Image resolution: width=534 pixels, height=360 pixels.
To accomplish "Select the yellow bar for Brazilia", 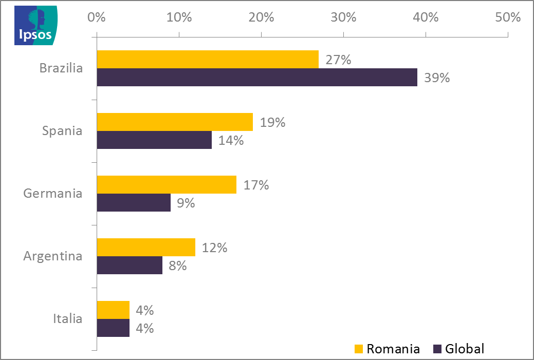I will coord(208,60).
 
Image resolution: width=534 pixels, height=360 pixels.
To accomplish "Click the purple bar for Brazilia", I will coord(257,78).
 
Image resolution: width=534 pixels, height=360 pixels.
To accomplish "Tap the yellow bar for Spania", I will coord(175,122).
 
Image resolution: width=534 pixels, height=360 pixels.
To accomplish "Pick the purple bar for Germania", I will coord(134,202).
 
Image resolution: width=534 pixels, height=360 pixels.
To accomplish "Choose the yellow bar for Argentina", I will coord(146,247).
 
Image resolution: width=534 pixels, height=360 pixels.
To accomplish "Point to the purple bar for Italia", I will coord(113,328).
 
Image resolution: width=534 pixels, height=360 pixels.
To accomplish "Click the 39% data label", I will coord(437,78).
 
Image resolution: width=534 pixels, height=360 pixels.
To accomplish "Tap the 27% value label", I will coord(338,60).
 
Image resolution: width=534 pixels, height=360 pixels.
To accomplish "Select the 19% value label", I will coord(272,123).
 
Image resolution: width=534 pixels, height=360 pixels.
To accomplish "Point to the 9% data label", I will coord(186,203).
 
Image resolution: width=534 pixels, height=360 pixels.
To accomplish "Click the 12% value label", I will coord(214,248).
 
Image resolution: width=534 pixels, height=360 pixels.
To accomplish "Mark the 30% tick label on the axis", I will coord(343,17).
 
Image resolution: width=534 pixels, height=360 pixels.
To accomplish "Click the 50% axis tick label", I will coord(508,17).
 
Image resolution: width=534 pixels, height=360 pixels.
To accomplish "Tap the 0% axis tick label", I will coord(97,17).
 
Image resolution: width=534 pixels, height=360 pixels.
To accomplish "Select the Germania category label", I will coord(53,194).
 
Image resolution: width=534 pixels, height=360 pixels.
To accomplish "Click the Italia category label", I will coord(68,318).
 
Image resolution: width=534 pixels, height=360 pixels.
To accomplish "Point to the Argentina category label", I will coord(53,256).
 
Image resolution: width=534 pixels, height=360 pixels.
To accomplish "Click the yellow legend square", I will coord(359,349).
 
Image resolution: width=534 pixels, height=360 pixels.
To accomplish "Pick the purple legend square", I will coord(437,349).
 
